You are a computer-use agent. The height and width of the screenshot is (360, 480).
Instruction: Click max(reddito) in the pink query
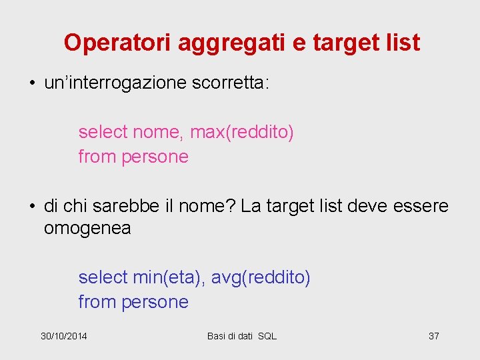[x=242, y=133]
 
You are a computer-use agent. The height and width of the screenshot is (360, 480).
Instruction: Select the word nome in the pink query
[x=157, y=133]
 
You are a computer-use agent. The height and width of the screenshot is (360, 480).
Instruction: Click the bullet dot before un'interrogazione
[x=32, y=84]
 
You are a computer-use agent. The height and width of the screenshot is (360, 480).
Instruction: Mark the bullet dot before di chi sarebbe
[x=32, y=207]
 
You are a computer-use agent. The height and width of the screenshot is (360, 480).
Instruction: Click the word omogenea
[x=87, y=229]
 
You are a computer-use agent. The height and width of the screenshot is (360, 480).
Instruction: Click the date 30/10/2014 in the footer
[x=63, y=336]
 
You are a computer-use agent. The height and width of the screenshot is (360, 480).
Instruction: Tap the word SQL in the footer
[x=267, y=336]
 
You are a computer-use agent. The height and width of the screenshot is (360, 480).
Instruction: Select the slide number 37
[x=433, y=336]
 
